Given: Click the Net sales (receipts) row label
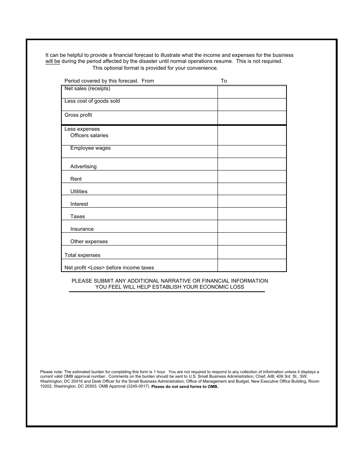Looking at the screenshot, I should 87,89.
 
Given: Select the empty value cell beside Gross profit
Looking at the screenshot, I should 252,117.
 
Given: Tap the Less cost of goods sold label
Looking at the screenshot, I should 92,101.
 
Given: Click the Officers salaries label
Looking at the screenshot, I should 89,136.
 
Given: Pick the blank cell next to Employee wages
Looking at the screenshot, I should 252,152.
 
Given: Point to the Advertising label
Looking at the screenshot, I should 83,167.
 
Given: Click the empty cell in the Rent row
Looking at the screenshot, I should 252,177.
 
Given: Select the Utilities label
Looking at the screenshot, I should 79,192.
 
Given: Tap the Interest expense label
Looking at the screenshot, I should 79,204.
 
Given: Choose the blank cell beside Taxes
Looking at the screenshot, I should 252,214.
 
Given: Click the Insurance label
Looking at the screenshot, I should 82,229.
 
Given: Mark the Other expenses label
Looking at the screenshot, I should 89,242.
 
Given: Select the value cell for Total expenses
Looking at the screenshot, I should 252,252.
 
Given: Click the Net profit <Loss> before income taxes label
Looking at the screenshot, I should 109,268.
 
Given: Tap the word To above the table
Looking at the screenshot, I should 224,81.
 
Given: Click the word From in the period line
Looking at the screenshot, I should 148,81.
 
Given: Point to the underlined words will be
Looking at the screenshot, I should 53,61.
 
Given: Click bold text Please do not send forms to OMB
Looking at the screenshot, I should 185,387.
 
